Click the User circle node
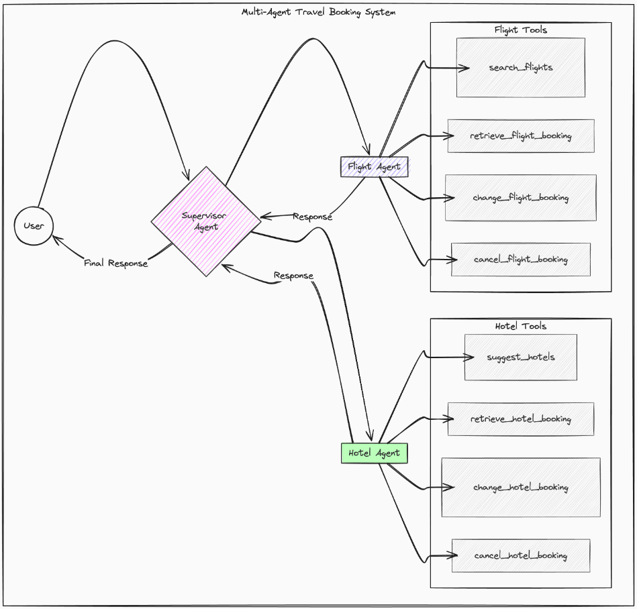[x=34, y=225]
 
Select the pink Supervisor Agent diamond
[x=205, y=221]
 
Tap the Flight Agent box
[x=375, y=166]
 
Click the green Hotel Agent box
[x=375, y=453]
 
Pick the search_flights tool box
[x=521, y=67]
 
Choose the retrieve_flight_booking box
[x=521, y=136]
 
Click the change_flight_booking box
[x=521, y=198]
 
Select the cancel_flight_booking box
[x=521, y=260]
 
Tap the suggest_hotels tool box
[x=521, y=357]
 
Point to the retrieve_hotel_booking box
[x=521, y=419]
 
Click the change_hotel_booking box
[x=521, y=488]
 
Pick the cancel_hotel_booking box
[x=521, y=556]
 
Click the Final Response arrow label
[x=115, y=264]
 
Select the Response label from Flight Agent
[x=312, y=217]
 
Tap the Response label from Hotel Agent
[x=293, y=276]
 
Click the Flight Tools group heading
[x=521, y=30]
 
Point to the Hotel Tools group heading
[x=521, y=326]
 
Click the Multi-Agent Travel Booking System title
[x=319, y=12]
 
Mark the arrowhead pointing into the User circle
[x=55, y=238]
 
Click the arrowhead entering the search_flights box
[x=465, y=68]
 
